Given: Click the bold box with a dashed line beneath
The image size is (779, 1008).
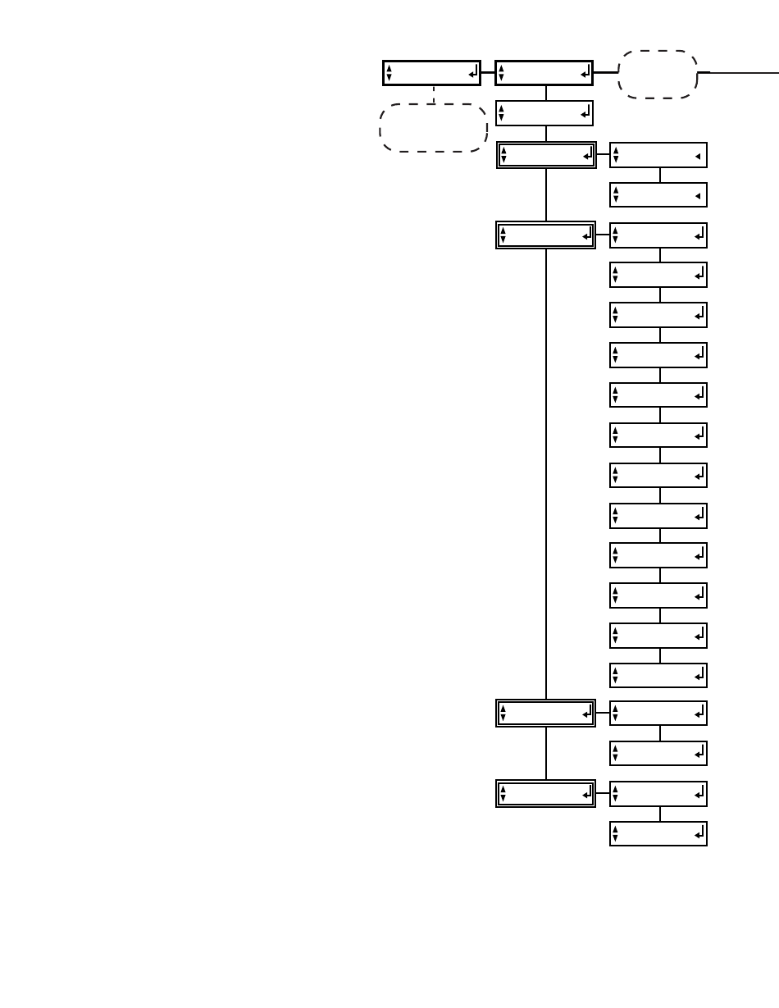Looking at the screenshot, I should (431, 73).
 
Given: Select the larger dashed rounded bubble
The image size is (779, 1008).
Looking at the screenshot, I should (433, 127).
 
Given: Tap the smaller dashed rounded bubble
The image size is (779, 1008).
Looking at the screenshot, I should (657, 74).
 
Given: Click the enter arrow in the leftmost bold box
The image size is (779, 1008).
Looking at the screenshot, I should (472, 74).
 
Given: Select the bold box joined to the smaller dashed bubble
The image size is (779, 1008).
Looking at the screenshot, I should (544, 73).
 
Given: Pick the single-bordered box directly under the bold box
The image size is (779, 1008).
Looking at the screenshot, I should (544, 113).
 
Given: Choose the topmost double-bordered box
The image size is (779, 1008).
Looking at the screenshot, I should (546, 154).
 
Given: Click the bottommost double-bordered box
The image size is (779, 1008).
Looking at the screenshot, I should (546, 794).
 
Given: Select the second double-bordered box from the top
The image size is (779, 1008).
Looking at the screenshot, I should (546, 235).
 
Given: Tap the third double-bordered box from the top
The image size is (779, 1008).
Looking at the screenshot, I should (546, 714).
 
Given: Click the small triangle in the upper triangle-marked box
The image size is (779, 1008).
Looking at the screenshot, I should (697, 155).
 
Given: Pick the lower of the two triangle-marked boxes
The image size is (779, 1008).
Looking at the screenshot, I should (658, 195).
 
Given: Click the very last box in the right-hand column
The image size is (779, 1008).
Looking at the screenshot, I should (658, 833).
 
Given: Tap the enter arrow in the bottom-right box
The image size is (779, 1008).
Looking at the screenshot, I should (699, 833).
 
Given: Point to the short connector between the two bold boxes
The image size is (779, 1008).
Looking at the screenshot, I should (488, 73).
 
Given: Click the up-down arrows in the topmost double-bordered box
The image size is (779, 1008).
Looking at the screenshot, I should (503, 154).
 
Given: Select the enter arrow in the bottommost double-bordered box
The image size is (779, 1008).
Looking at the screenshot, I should (586, 794).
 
